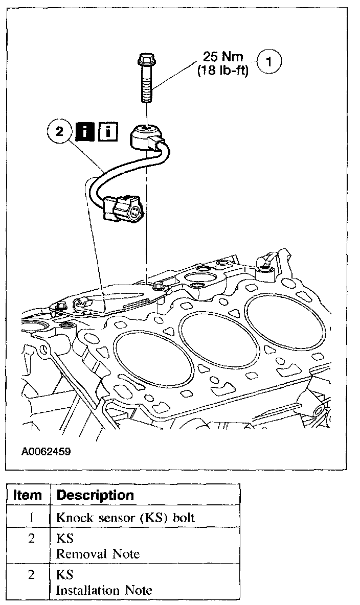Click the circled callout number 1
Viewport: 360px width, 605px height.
pos(272,62)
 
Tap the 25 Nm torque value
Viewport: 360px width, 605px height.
pos(222,57)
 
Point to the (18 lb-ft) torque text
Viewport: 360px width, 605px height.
pos(223,71)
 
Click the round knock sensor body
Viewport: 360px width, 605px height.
pos(144,134)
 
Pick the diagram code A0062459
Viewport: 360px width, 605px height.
pos(46,452)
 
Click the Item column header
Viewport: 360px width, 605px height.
pos(28,495)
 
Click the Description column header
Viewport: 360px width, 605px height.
pos(95,495)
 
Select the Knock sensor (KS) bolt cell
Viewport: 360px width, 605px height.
pos(125,517)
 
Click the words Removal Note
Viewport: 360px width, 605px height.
pos(98,553)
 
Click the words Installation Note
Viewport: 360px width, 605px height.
pos(104,590)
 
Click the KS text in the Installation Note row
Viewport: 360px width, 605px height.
pos(65,575)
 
